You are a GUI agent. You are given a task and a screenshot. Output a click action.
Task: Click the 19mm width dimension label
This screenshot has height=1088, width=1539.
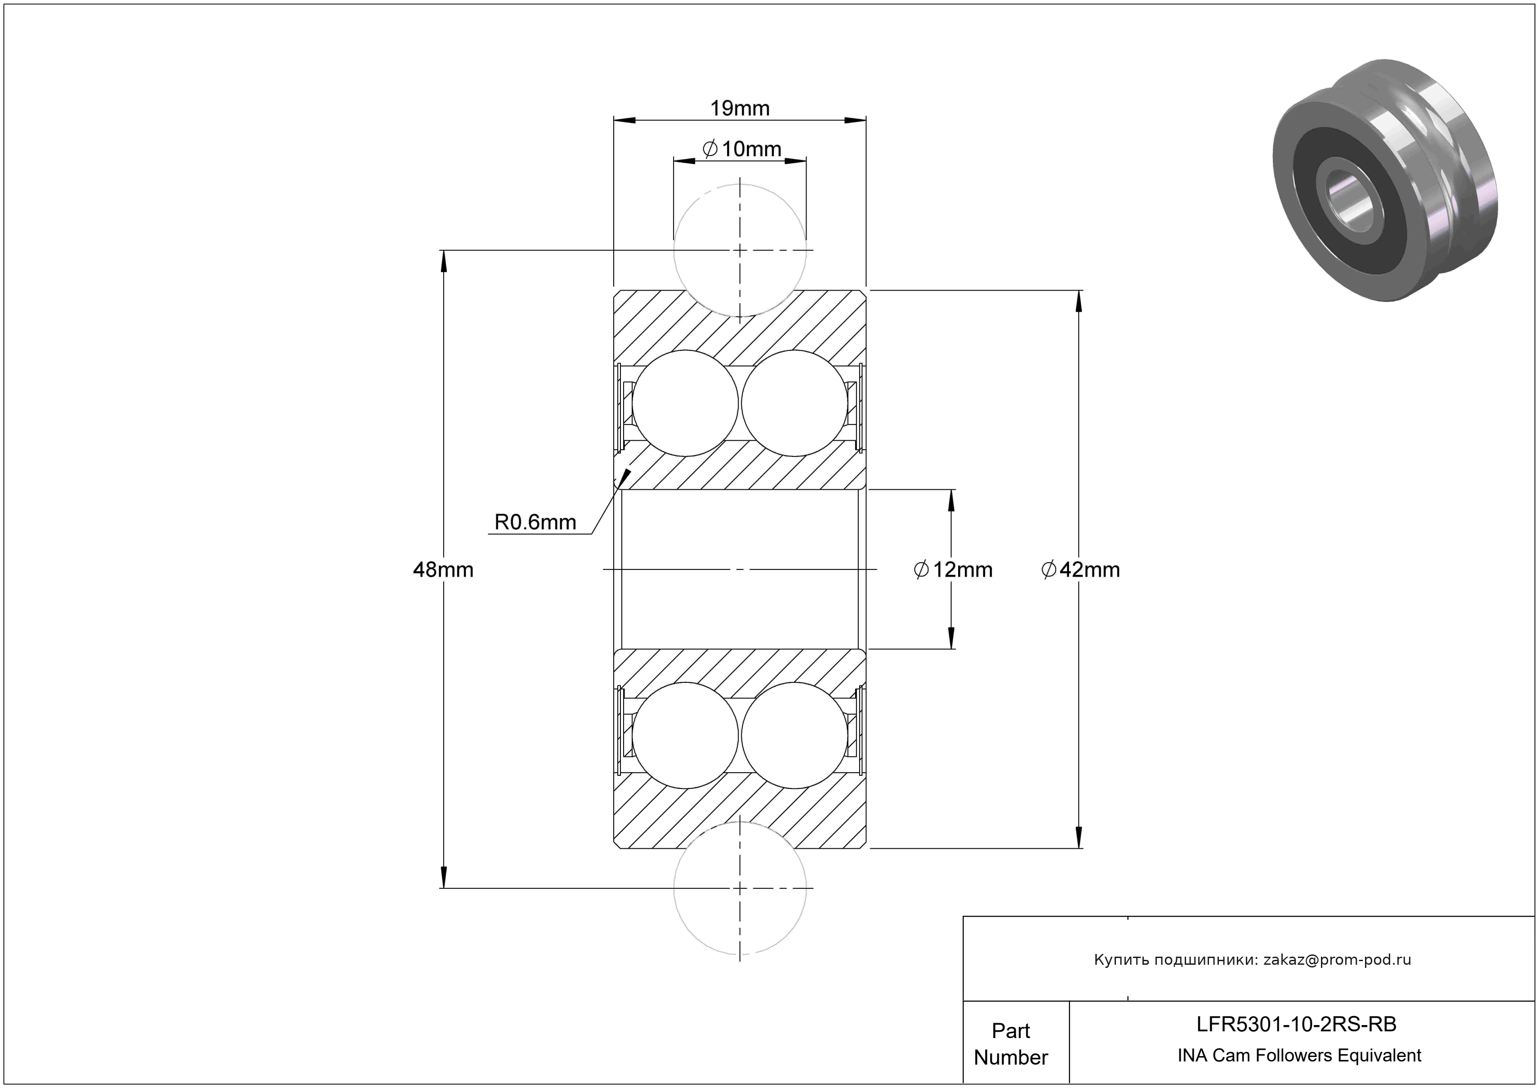click(x=740, y=108)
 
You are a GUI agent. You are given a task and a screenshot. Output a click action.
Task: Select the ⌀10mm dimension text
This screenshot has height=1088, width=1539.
click(x=742, y=149)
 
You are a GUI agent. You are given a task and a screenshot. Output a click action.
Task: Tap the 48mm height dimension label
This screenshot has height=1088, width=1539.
click(x=443, y=570)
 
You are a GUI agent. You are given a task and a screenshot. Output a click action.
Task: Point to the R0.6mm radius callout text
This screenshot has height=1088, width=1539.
click(x=535, y=522)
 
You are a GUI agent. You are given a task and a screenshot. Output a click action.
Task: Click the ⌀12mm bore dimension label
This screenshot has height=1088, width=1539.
click(x=953, y=570)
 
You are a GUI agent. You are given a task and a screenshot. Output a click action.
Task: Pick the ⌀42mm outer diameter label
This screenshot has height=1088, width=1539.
click(x=1080, y=570)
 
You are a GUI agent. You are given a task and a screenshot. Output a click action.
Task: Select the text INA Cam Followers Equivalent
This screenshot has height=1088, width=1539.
click(x=1299, y=1055)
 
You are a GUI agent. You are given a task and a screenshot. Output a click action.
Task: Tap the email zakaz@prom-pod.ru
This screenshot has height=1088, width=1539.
click(x=1337, y=960)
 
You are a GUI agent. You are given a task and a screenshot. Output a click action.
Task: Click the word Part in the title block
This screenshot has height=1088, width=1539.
click(x=1011, y=1030)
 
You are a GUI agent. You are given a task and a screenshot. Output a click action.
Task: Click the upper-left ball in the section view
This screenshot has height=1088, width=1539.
click(x=685, y=403)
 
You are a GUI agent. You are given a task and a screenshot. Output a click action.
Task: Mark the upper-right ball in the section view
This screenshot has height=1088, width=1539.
click(x=794, y=403)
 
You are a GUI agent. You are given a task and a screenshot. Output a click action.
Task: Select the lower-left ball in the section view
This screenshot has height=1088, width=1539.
click(x=685, y=735)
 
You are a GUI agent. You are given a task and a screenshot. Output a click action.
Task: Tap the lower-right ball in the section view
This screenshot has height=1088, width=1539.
click(x=794, y=735)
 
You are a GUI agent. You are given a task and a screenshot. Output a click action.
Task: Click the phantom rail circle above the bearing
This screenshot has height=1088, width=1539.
click(x=740, y=250)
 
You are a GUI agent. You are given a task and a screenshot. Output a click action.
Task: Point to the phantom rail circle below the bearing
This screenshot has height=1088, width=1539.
click(x=740, y=888)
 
